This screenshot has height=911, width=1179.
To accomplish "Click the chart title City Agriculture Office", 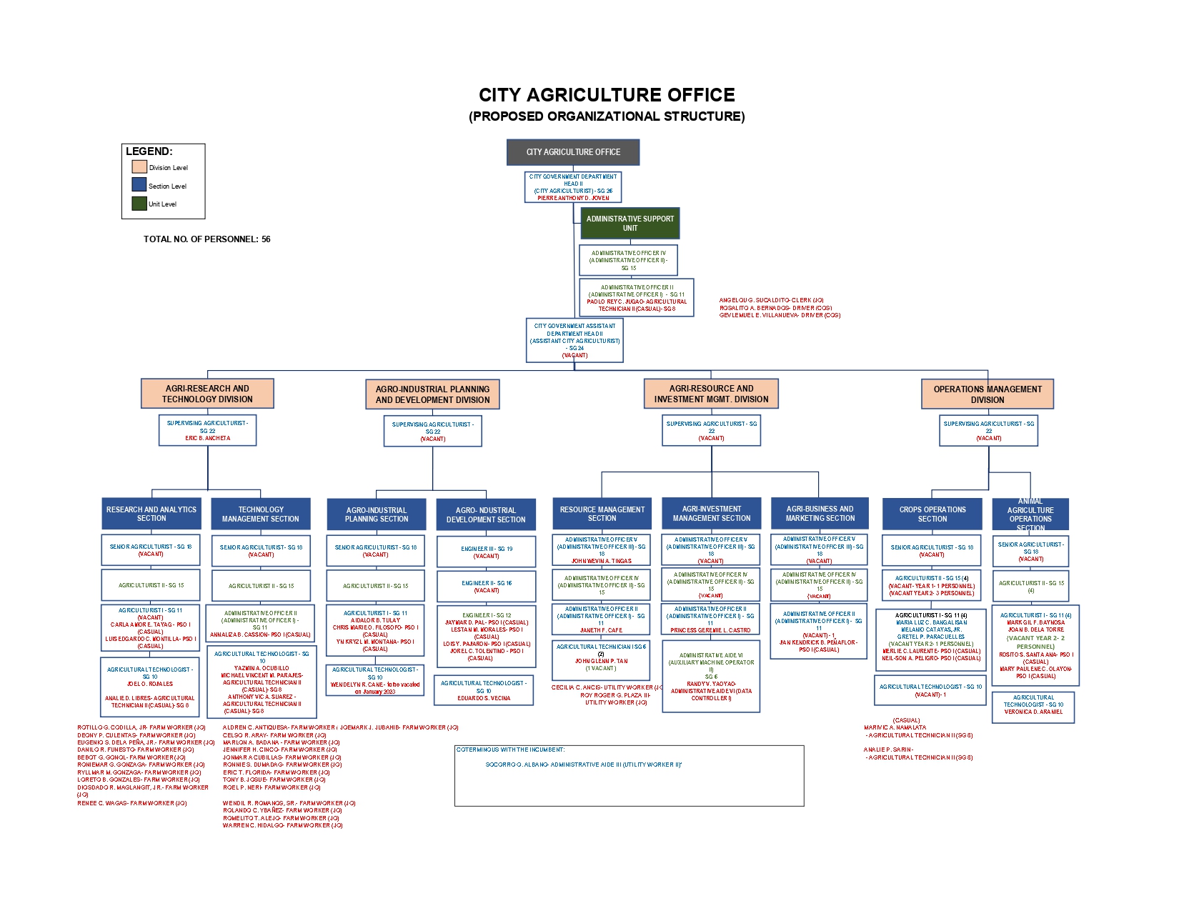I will [x=607, y=95].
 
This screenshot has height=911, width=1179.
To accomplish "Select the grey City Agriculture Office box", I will [x=573, y=152].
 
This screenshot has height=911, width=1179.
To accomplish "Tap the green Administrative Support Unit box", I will [x=630, y=224].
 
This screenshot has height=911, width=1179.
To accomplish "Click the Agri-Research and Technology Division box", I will [x=207, y=394].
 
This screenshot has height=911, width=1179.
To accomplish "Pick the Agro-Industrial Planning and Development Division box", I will [x=432, y=394].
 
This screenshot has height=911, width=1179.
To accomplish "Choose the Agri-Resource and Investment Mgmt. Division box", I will [x=711, y=394].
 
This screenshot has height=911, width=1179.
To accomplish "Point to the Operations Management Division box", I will [x=988, y=394].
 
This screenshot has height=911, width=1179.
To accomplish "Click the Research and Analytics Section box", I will [x=151, y=514].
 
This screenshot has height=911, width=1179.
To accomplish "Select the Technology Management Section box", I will [x=261, y=514].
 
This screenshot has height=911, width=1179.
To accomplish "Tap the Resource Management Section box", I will [x=602, y=514].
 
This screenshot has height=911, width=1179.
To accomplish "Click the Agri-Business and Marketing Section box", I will [x=820, y=514].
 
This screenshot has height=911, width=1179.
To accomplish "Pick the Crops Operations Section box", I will [x=932, y=514].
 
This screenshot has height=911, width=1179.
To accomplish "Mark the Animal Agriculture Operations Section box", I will [x=1030, y=514].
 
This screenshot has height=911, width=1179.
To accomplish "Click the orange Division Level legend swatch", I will [x=139, y=166].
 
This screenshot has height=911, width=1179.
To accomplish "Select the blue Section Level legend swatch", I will [x=139, y=184].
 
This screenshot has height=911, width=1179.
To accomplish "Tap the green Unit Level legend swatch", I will [x=139, y=204].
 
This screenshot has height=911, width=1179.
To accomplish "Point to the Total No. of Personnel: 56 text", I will [x=207, y=239].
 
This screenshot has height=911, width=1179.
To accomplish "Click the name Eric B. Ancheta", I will [x=208, y=438].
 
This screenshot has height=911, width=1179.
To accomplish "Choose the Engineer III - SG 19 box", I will [x=486, y=552].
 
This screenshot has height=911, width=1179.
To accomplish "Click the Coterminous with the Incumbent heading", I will [x=510, y=750].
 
